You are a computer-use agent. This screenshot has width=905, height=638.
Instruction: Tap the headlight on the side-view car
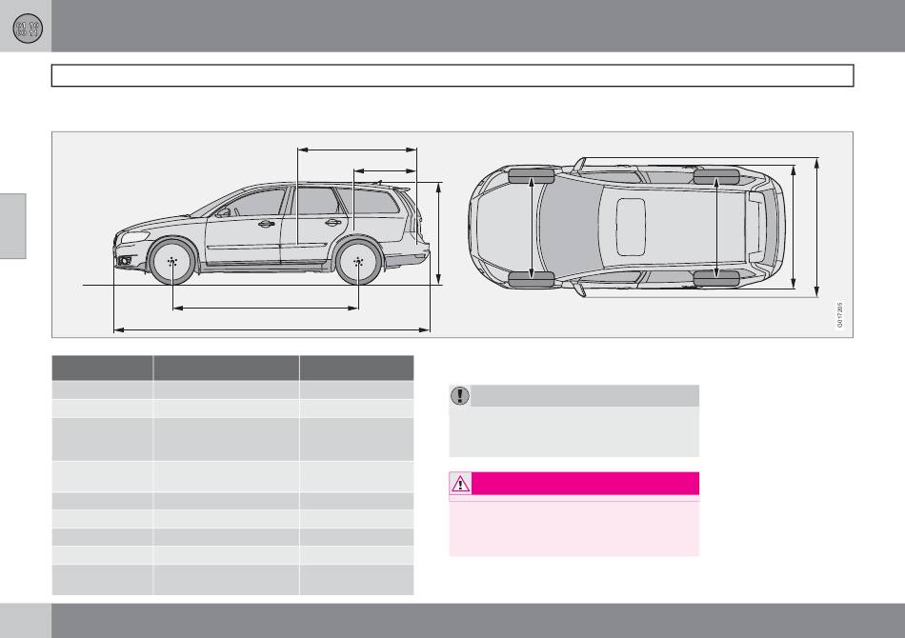click(x=134, y=236)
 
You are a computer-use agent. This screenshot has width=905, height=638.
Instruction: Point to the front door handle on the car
click(x=267, y=224)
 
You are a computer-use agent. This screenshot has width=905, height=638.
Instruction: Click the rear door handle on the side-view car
click(x=333, y=223)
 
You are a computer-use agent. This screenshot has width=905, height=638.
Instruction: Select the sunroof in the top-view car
click(x=631, y=228)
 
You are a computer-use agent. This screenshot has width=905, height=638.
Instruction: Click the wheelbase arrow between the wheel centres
click(x=265, y=308)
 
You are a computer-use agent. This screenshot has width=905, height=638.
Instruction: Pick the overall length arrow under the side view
click(x=271, y=329)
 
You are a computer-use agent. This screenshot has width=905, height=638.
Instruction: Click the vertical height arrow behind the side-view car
click(x=438, y=233)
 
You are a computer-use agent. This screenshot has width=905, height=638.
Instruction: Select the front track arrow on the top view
click(x=533, y=228)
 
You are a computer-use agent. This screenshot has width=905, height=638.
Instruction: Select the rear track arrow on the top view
click(x=715, y=228)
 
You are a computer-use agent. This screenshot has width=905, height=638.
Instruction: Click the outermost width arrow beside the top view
click(x=817, y=228)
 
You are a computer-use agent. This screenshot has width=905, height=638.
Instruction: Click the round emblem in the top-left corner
click(x=26, y=26)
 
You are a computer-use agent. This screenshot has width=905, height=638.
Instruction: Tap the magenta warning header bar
click(x=586, y=483)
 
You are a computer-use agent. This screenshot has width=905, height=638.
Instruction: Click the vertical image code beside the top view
click(x=840, y=315)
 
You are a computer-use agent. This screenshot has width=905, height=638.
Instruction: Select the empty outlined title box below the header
click(x=452, y=75)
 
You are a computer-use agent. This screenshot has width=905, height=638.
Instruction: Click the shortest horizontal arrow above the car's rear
click(x=385, y=170)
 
